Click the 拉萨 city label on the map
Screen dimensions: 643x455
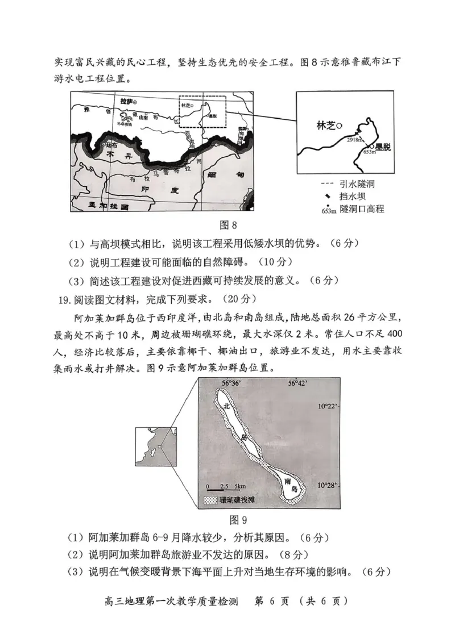pos(129,101)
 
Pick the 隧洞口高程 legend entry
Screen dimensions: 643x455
pos(353,209)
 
